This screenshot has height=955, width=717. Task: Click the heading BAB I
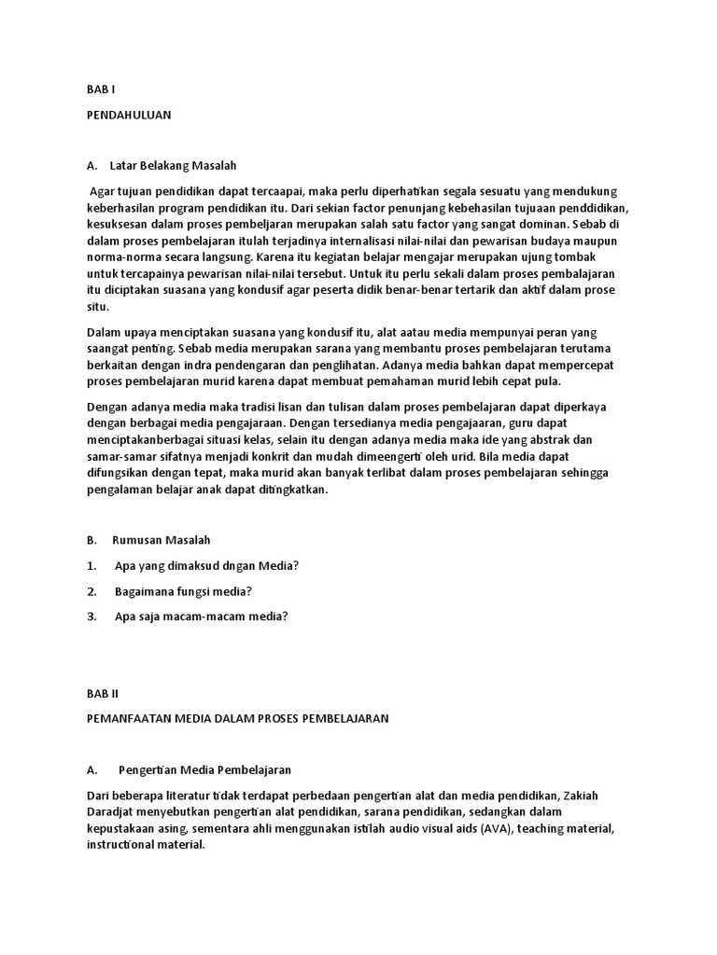pyautogui.click(x=99, y=91)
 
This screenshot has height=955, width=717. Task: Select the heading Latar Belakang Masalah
pyautogui.click(x=173, y=166)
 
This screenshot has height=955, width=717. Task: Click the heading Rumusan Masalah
pyautogui.click(x=162, y=540)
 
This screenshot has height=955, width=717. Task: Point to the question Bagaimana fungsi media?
pyautogui.click(x=184, y=590)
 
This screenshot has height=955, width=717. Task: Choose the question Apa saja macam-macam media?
pyautogui.click(x=201, y=616)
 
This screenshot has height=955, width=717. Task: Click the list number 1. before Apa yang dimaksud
pyautogui.click(x=91, y=565)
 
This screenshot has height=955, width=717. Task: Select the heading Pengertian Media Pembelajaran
pyautogui.click(x=205, y=769)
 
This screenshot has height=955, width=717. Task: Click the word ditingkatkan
pyautogui.click(x=288, y=491)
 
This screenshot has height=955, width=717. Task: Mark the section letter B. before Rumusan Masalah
pyautogui.click(x=91, y=540)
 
